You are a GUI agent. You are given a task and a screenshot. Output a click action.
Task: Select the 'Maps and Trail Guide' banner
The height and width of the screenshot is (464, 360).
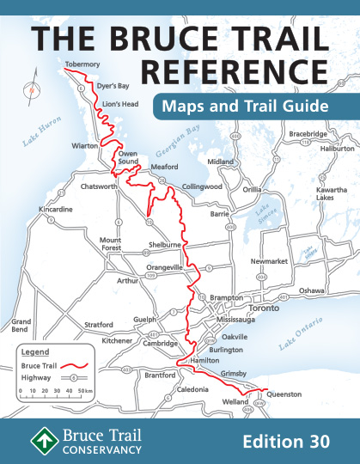click(241, 107)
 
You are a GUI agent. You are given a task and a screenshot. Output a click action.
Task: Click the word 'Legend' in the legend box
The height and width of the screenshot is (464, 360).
click(35, 351)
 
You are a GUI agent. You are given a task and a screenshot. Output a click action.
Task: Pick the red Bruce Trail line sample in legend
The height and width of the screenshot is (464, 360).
click(75, 365)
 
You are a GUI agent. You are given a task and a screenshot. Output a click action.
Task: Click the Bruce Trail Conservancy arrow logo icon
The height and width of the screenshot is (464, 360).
click(40, 440)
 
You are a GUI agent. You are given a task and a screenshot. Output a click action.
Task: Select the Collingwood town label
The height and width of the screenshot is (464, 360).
click(202, 186)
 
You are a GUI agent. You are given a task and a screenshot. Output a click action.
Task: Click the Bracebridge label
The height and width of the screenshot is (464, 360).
click(308, 134)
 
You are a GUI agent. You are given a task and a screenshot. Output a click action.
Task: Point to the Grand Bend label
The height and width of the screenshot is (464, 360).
click(21, 327)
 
